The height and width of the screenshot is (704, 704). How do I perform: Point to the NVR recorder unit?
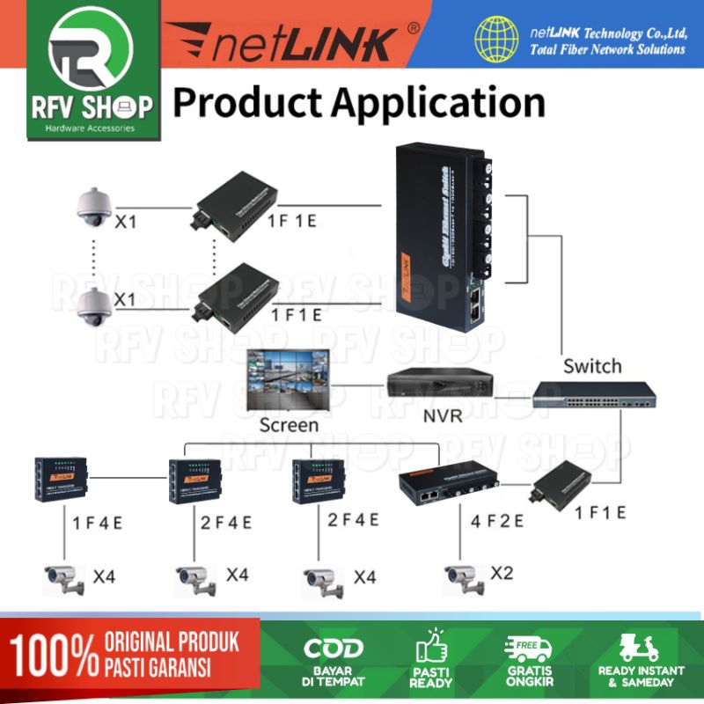(x=437, y=384)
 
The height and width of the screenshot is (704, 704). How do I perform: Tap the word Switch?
(x=592, y=365)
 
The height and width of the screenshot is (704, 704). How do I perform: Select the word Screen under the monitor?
(x=289, y=425)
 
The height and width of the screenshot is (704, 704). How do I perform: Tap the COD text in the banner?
(x=334, y=649)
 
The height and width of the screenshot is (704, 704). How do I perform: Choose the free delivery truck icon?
(x=528, y=649)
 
